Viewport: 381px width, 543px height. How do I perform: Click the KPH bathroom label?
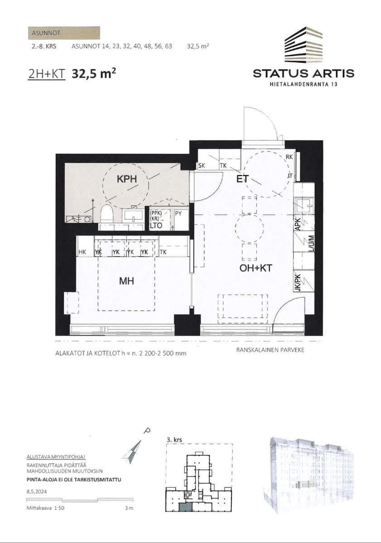coord(127,179)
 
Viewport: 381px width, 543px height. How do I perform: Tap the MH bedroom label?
coord(127,281)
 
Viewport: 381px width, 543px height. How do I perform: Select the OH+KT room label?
coord(256,268)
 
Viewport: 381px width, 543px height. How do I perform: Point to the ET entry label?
coord(242,179)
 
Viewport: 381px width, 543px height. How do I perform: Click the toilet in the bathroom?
coord(107,214)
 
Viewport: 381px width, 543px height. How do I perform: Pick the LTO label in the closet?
coord(156,225)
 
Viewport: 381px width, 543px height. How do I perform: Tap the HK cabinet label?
coord(82,252)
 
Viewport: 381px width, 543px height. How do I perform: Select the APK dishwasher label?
coord(298,224)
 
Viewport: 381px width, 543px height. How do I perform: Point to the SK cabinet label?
coord(202,166)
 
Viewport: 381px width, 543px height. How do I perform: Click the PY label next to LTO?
coord(178,214)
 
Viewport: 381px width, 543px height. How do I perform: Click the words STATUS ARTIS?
coord(304,73)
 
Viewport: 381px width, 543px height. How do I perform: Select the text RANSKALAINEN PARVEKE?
coord(270,350)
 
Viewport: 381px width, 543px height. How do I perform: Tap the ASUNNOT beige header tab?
coord(64,33)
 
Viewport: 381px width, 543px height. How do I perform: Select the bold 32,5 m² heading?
coord(94,73)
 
